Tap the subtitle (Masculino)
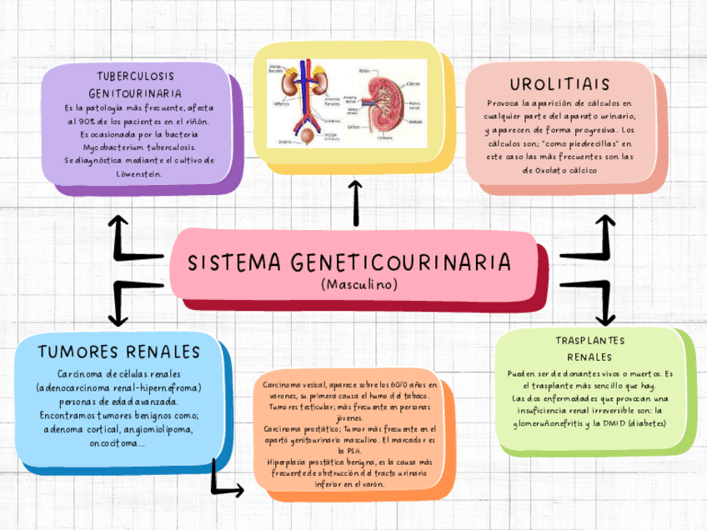(359, 285)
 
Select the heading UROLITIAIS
(559, 85)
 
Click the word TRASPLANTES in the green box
(589, 341)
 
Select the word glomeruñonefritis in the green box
(551, 423)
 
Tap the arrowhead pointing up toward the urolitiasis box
(607, 221)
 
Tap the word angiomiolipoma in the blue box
(158, 429)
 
